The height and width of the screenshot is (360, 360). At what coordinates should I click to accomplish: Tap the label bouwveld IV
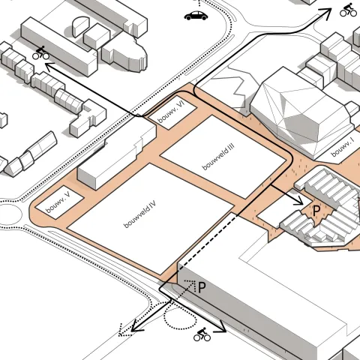140,214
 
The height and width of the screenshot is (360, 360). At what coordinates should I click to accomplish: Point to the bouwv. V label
58,202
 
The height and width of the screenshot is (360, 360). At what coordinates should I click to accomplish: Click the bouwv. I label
343,148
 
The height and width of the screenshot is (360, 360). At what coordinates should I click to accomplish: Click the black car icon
196,16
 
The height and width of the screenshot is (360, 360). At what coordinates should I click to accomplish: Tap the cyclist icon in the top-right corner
348,10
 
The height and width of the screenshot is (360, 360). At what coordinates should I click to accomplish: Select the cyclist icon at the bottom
202,334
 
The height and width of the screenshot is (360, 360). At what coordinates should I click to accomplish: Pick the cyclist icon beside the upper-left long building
40,52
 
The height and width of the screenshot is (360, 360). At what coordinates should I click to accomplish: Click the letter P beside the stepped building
316,211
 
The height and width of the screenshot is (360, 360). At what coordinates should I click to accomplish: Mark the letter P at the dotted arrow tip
202,287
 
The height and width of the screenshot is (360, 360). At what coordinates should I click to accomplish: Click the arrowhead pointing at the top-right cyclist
326,12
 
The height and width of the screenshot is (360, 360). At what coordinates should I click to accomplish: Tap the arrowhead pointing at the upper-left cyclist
49,67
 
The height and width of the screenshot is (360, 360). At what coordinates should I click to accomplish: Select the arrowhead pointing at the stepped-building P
298,201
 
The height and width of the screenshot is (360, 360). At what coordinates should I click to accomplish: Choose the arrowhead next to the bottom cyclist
220,328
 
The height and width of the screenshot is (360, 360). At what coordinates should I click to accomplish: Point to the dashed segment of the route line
207,241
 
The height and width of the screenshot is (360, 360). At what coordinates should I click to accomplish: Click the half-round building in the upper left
80,26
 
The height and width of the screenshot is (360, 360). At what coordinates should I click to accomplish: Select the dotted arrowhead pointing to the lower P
192,284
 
